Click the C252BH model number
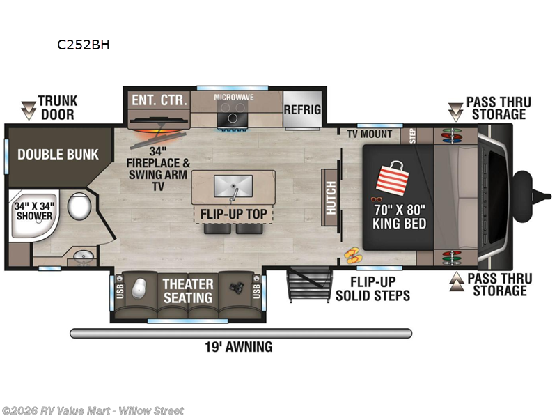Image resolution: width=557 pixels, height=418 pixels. pos(84,46)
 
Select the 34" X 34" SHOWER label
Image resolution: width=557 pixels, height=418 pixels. pos(34,210)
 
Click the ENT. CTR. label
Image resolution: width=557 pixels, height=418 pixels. pos(159,100)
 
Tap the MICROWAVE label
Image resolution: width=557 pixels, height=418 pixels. pos(233,98)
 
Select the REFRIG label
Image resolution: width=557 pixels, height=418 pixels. pos(302,109)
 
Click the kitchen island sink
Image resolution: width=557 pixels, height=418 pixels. pos(233,186)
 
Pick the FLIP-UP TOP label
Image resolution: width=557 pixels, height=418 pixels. pos(233,214)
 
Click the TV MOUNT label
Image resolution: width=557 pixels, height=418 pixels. pos(370,133)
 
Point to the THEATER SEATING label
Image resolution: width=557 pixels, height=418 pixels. pos(188,291)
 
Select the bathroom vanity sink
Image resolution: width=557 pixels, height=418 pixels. pos(84,256)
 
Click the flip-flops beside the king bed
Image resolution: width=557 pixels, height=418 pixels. pos(352,255)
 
